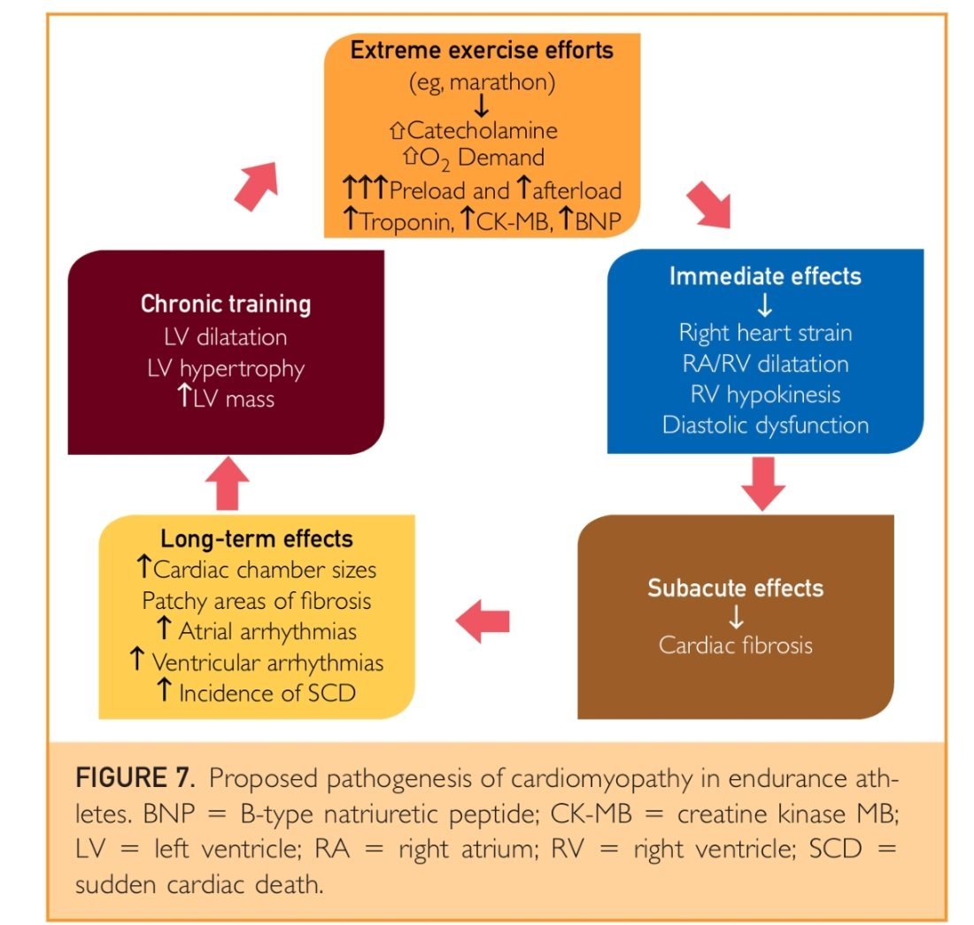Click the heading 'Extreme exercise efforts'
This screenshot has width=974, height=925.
coord(482,50)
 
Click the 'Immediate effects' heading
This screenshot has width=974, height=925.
coord(765,276)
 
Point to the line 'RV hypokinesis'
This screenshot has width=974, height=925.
coord(765,395)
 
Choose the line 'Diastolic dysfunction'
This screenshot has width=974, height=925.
coord(765,425)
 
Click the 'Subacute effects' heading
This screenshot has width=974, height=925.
coord(735,589)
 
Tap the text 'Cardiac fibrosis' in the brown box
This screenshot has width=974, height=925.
coord(735,644)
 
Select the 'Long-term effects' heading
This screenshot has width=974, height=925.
coord(257,539)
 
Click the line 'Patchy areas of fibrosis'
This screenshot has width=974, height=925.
coord(257,600)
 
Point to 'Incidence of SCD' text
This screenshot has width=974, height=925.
coord(267,692)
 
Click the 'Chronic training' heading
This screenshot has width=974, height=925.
coord(226,305)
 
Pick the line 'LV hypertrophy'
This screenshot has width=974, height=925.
coord(226,367)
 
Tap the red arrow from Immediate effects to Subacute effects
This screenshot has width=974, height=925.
coord(762,482)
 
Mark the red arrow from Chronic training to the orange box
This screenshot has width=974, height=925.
coord(258,186)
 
